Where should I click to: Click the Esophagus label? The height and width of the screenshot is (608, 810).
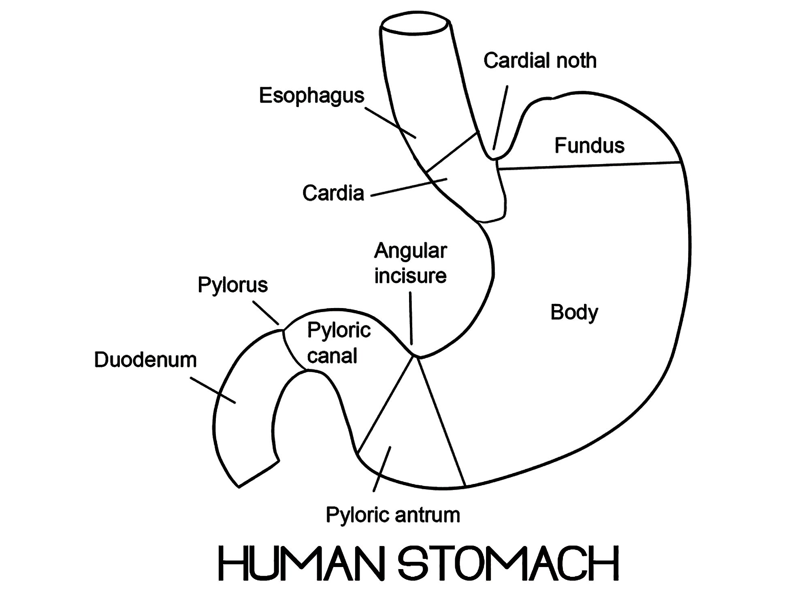(x=311, y=96)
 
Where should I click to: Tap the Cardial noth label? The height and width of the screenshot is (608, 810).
(x=540, y=61)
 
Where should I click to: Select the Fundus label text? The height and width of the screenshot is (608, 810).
(x=589, y=146)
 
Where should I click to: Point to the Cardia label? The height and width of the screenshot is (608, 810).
(x=333, y=193)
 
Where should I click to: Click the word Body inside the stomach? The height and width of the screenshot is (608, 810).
(x=574, y=313)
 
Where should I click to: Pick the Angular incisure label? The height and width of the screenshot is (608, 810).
(x=410, y=263)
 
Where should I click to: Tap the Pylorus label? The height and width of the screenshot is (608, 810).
(x=232, y=285)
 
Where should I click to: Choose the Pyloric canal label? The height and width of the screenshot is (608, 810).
(x=338, y=343)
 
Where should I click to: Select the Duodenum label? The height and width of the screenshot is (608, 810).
(x=145, y=360)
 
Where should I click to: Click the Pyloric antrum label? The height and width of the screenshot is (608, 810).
(x=393, y=515)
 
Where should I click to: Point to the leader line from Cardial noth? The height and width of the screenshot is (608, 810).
(x=501, y=118)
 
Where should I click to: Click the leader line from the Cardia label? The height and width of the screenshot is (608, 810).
(x=409, y=187)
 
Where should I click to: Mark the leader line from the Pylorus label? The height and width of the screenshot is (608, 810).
(x=266, y=313)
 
